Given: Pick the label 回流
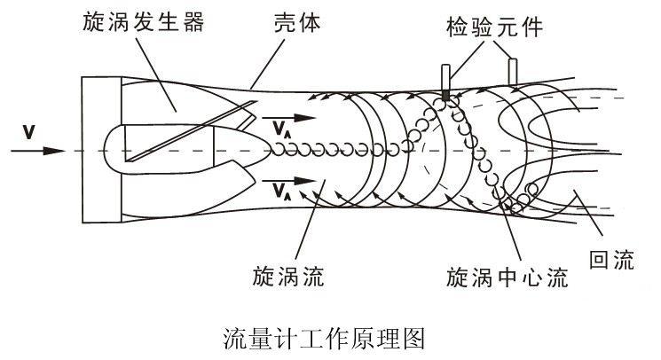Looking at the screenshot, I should pyautogui.click(x=612, y=259).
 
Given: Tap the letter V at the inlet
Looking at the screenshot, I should pyautogui.click(x=29, y=133).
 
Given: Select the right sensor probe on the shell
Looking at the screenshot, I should pyautogui.click(x=512, y=69).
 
